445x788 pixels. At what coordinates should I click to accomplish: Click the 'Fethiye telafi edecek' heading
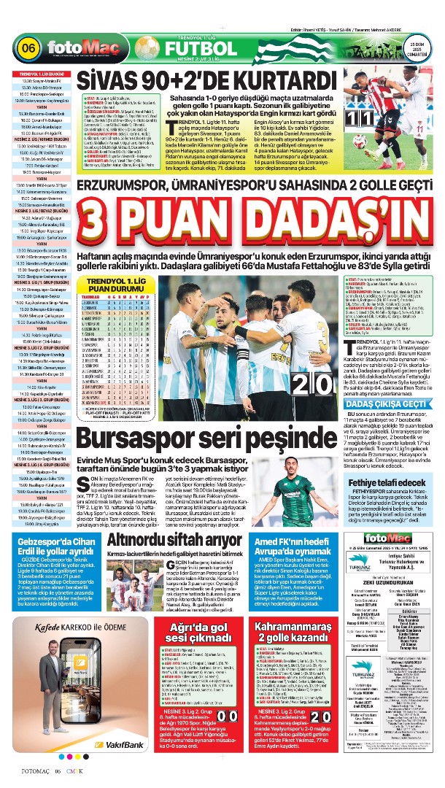click(384, 482)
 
